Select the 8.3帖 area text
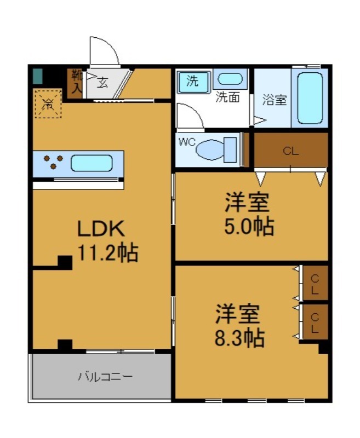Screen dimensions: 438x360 pos(239,338)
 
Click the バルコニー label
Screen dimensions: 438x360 pos(104,377)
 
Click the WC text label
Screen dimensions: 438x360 pos(186,142)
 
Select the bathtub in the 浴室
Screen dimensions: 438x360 pos(310,97)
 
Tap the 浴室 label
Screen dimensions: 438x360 pos(274,100)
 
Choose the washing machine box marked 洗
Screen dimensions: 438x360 pos(193,82)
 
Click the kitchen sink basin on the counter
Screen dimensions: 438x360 pos(92,163)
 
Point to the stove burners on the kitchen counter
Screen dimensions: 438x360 pos(53,163)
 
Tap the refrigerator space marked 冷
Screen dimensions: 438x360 pos(48,103)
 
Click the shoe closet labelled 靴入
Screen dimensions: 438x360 pos(75,84)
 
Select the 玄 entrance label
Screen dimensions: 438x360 pos(102,84)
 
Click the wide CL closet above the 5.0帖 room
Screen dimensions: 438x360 pos(290,152)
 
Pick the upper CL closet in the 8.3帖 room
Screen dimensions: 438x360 pos(315,283)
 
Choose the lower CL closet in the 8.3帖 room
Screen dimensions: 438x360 pos(315,322)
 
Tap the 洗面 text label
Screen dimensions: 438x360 pos(227,99)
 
